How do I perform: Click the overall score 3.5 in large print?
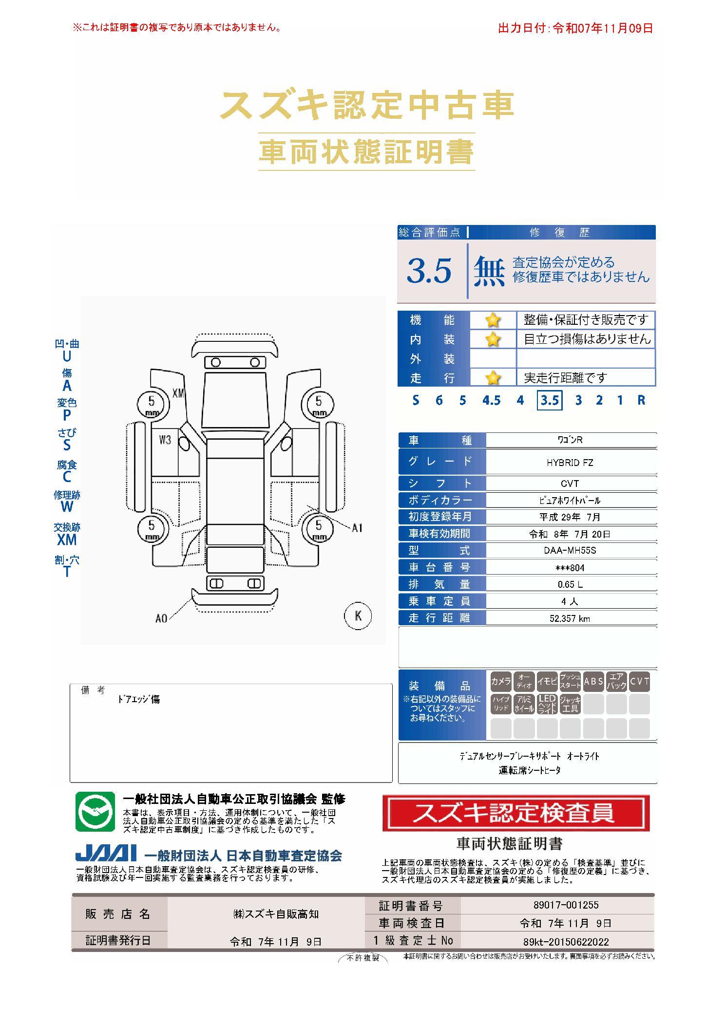click(429, 271)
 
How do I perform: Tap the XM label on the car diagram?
click(179, 393)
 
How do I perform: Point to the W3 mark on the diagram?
click(165, 440)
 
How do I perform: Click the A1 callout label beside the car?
click(357, 528)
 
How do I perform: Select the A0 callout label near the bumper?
click(161, 618)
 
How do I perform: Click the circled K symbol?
click(358, 615)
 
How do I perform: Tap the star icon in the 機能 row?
click(493, 320)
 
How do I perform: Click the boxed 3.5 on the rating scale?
click(550, 400)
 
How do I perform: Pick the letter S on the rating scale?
click(416, 400)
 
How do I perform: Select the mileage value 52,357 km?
click(570, 618)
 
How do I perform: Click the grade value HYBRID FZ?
click(570, 463)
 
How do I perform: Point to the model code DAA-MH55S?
click(570, 551)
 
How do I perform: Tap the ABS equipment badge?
click(593, 682)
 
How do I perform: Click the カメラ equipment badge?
click(501, 682)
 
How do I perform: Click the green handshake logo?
click(95, 812)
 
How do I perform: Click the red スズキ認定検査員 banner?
click(516, 813)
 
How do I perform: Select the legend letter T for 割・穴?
click(67, 572)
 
